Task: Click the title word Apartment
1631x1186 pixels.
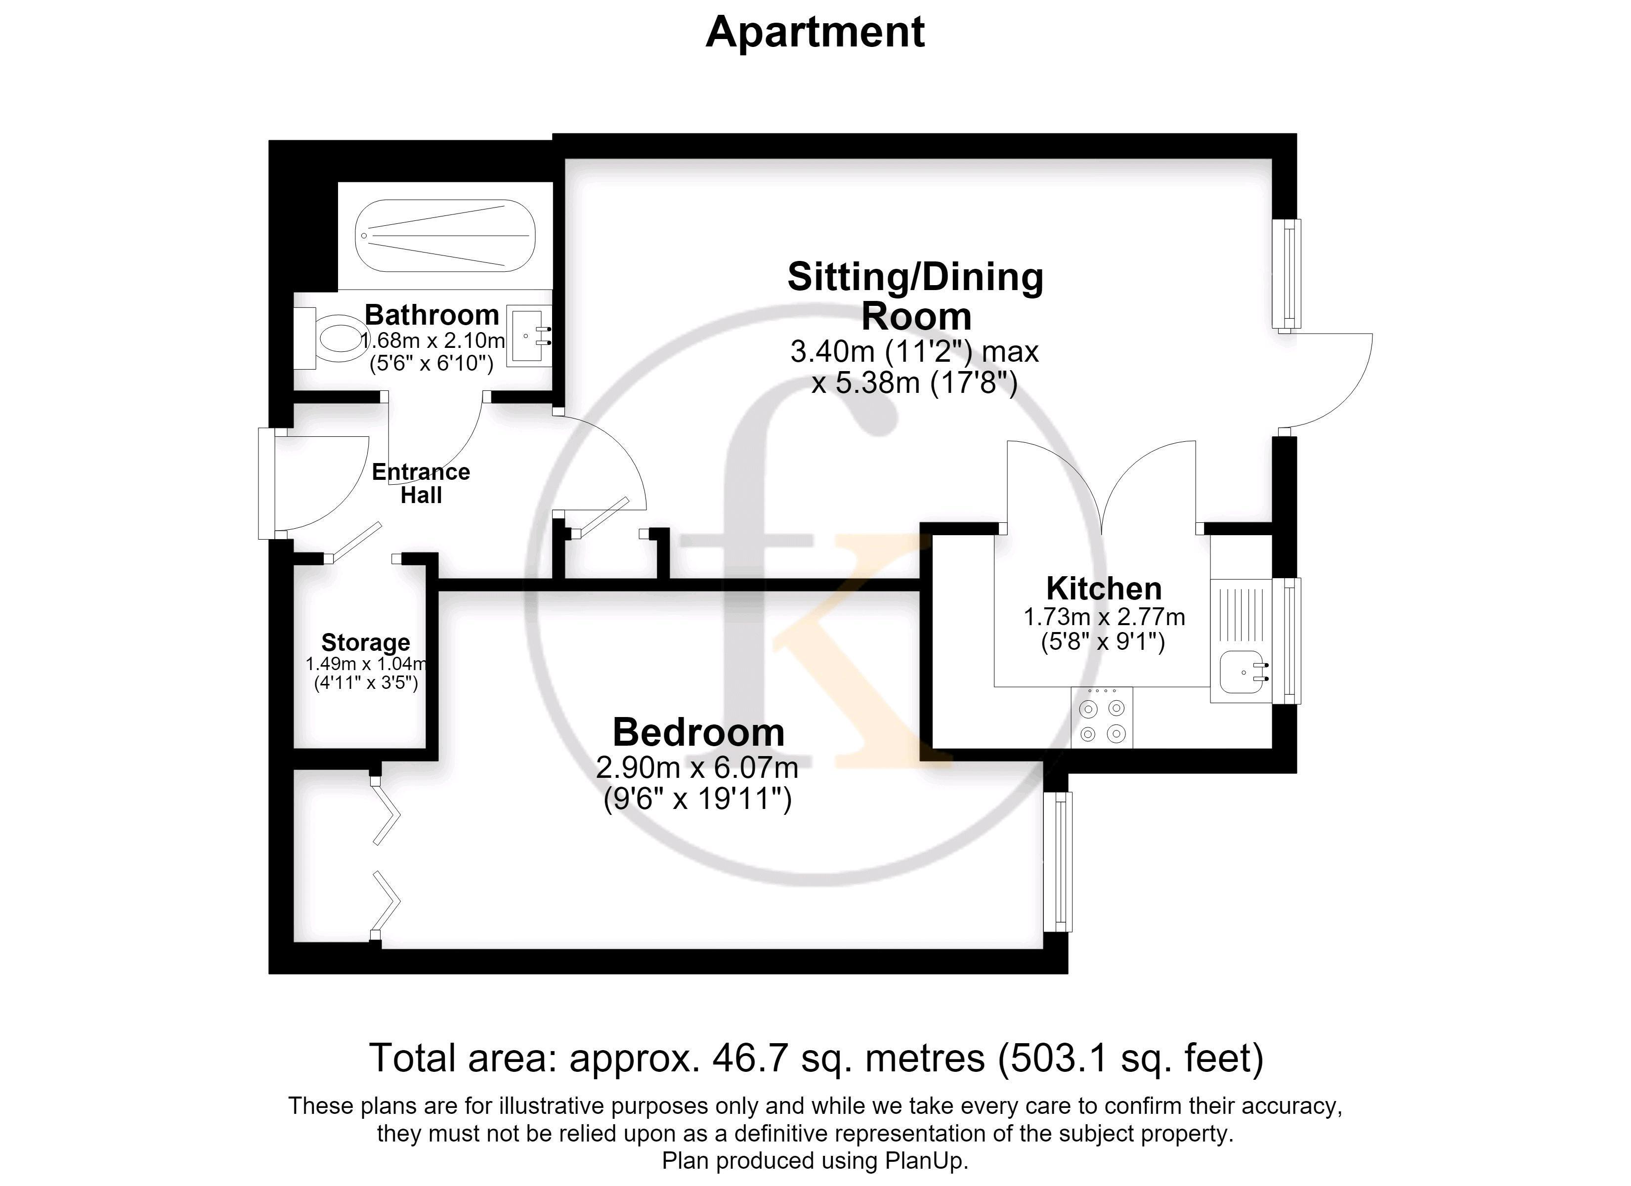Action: tap(815, 32)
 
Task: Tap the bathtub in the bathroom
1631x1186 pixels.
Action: tap(446, 236)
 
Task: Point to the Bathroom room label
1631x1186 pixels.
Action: tap(431, 315)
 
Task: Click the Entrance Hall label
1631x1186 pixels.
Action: tap(421, 483)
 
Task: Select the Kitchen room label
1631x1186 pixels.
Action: tap(1104, 589)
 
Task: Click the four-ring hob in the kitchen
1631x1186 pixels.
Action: tap(1102, 717)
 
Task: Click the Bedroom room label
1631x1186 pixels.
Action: tap(698, 732)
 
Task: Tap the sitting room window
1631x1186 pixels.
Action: tap(1287, 274)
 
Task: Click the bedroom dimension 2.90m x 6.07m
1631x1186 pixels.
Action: tap(697, 768)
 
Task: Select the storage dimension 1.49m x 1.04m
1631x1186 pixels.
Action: tap(366, 664)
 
